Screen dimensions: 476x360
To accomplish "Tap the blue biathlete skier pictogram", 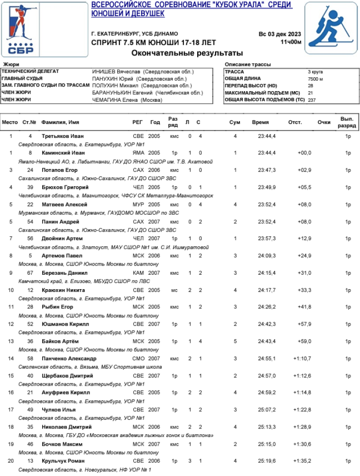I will (x=331, y=31).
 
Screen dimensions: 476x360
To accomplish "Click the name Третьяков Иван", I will (x=60, y=136).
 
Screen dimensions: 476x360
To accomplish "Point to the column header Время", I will (x=260, y=122).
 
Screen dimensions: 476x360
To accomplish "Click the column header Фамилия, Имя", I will (x=60, y=122).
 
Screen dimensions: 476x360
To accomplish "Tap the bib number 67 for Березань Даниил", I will (x=30, y=273).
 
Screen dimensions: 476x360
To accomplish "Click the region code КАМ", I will (x=138, y=273).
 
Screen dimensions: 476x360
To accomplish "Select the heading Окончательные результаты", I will (x=187, y=53).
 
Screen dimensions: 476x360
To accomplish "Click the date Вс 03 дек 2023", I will (x=280, y=34).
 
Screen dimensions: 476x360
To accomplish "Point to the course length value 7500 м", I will (x=315, y=78).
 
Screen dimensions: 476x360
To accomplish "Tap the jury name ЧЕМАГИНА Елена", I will (x=127, y=100).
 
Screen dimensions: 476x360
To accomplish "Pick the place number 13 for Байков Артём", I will (x=11, y=341).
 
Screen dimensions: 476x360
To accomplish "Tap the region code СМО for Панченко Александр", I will (x=138, y=358).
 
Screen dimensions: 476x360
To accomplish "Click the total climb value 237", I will (x=312, y=100).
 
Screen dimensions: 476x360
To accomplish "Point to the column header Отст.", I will (x=295, y=122).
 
